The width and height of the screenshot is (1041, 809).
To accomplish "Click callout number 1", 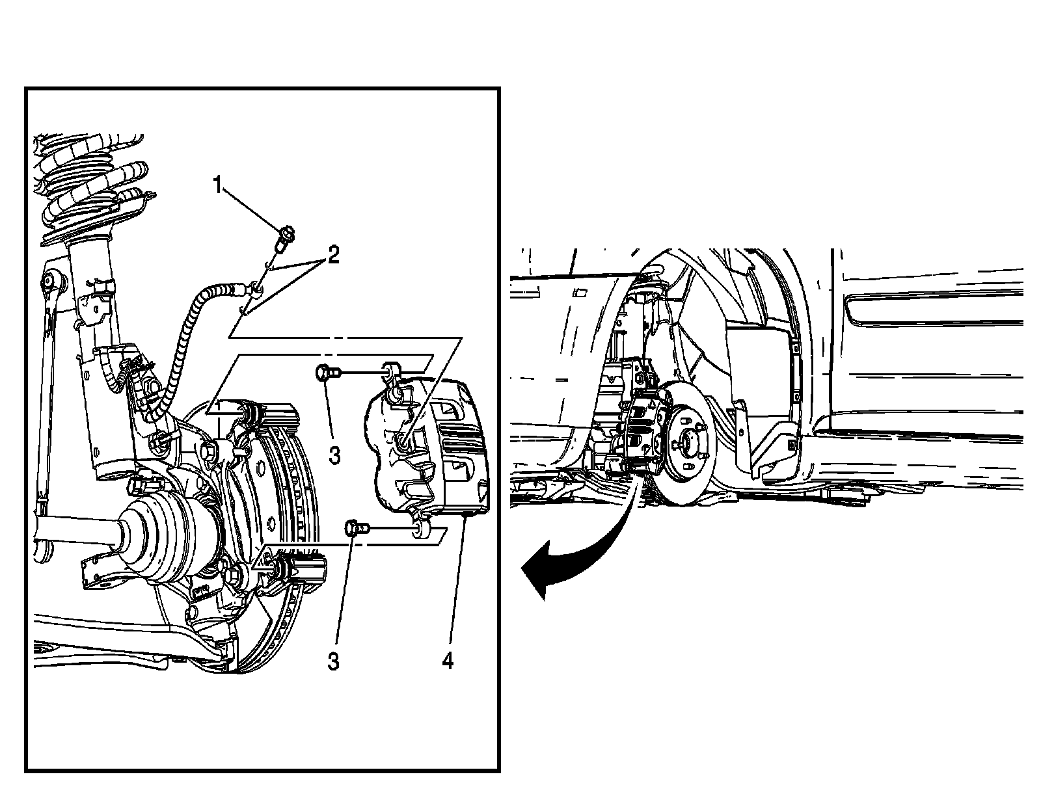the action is [218, 186].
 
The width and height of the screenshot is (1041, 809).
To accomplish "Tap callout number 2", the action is [333, 255].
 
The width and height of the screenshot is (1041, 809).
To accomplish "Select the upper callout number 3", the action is [334, 455].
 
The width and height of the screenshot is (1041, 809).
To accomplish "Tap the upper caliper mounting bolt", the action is [326, 373].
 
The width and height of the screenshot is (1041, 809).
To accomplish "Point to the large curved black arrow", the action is [573, 553].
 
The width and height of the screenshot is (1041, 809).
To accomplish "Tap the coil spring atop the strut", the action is [91, 182].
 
